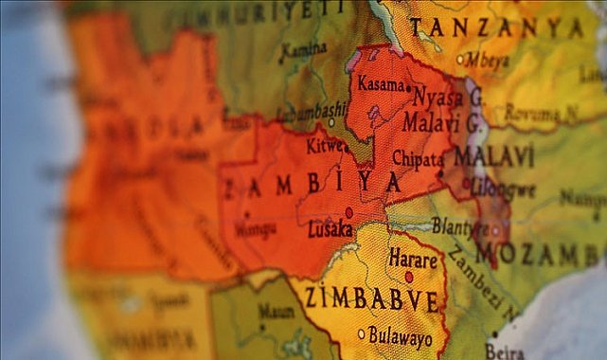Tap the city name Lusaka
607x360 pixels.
(x=330, y=229)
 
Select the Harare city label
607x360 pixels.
(x=413, y=259)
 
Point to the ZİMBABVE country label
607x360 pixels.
(x=371, y=300)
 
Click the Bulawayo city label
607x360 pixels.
(x=402, y=336)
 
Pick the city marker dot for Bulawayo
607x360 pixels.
(x=361, y=333)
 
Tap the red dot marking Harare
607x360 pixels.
(x=409, y=277)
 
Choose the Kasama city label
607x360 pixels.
(x=381, y=85)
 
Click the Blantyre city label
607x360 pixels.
(x=461, y=225)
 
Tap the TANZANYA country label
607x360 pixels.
(x=496, y=27)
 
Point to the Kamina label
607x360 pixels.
(x=303, y=49)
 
